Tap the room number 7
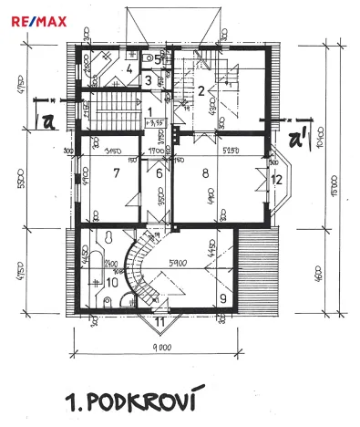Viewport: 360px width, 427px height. (x=116, y=172)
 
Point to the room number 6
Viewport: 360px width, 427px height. (x=159, y=173)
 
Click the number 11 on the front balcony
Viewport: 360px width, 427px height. (x=160, y=321)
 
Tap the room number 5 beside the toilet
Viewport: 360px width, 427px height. (x=158, y=59)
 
